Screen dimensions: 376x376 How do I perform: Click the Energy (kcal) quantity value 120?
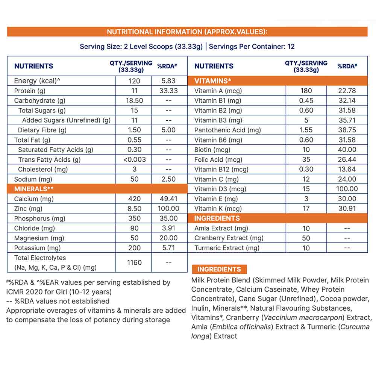click(134, 81)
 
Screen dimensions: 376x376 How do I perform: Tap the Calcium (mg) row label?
click(31, 199)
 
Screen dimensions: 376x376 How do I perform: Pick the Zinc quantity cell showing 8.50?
click(134, 209)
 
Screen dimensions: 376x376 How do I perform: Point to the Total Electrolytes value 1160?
click(134, 262)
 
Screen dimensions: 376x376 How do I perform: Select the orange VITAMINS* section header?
click(213, 81)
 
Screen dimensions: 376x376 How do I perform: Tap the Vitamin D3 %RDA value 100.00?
click(347, 189)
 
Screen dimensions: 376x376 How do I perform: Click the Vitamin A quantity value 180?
click(306, 91)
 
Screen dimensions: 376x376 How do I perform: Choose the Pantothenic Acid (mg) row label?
click(227, 130)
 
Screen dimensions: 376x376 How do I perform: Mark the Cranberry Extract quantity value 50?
click(306, 238)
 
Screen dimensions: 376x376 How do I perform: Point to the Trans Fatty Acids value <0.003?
click(134, 159)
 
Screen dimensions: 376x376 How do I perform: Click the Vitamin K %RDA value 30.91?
click(347, 209)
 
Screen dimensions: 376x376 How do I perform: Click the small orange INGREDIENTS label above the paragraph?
click(219, 269)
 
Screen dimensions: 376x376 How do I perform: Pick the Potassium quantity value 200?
click(134, 248)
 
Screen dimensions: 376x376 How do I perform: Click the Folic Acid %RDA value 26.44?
click(347, 159)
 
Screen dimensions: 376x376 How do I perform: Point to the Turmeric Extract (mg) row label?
click(227, 248)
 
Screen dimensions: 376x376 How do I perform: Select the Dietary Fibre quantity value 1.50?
click(134, 130)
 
